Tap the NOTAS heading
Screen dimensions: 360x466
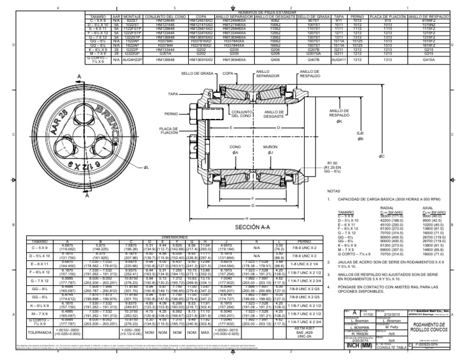click(x=335, y=191)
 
